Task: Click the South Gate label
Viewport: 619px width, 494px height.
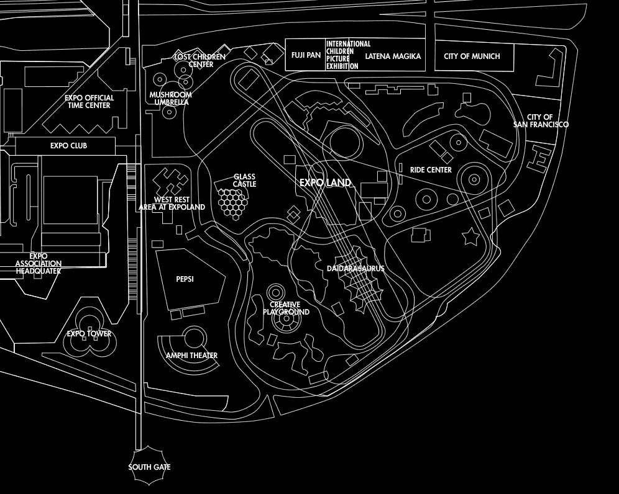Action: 149,467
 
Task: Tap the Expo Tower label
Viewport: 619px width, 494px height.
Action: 89,334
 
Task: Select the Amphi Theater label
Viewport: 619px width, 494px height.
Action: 191,356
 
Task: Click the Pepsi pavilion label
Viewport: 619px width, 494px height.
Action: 185,279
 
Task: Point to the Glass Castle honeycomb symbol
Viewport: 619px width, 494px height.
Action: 232,204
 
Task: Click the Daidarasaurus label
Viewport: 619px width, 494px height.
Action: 355,269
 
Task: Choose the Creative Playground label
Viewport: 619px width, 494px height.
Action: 286,308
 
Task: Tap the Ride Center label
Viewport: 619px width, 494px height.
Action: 431,170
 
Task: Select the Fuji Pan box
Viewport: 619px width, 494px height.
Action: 306,55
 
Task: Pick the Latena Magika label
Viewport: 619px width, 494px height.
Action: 393,56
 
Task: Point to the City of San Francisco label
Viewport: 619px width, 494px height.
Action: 541,121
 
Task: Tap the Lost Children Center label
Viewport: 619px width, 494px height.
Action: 200,60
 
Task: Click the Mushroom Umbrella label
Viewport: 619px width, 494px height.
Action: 170,98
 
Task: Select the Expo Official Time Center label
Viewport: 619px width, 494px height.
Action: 89,102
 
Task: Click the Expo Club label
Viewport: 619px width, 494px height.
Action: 68,146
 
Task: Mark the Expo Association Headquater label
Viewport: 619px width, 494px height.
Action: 39,264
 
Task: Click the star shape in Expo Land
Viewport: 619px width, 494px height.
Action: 470,236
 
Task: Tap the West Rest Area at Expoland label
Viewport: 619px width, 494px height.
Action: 172,204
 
